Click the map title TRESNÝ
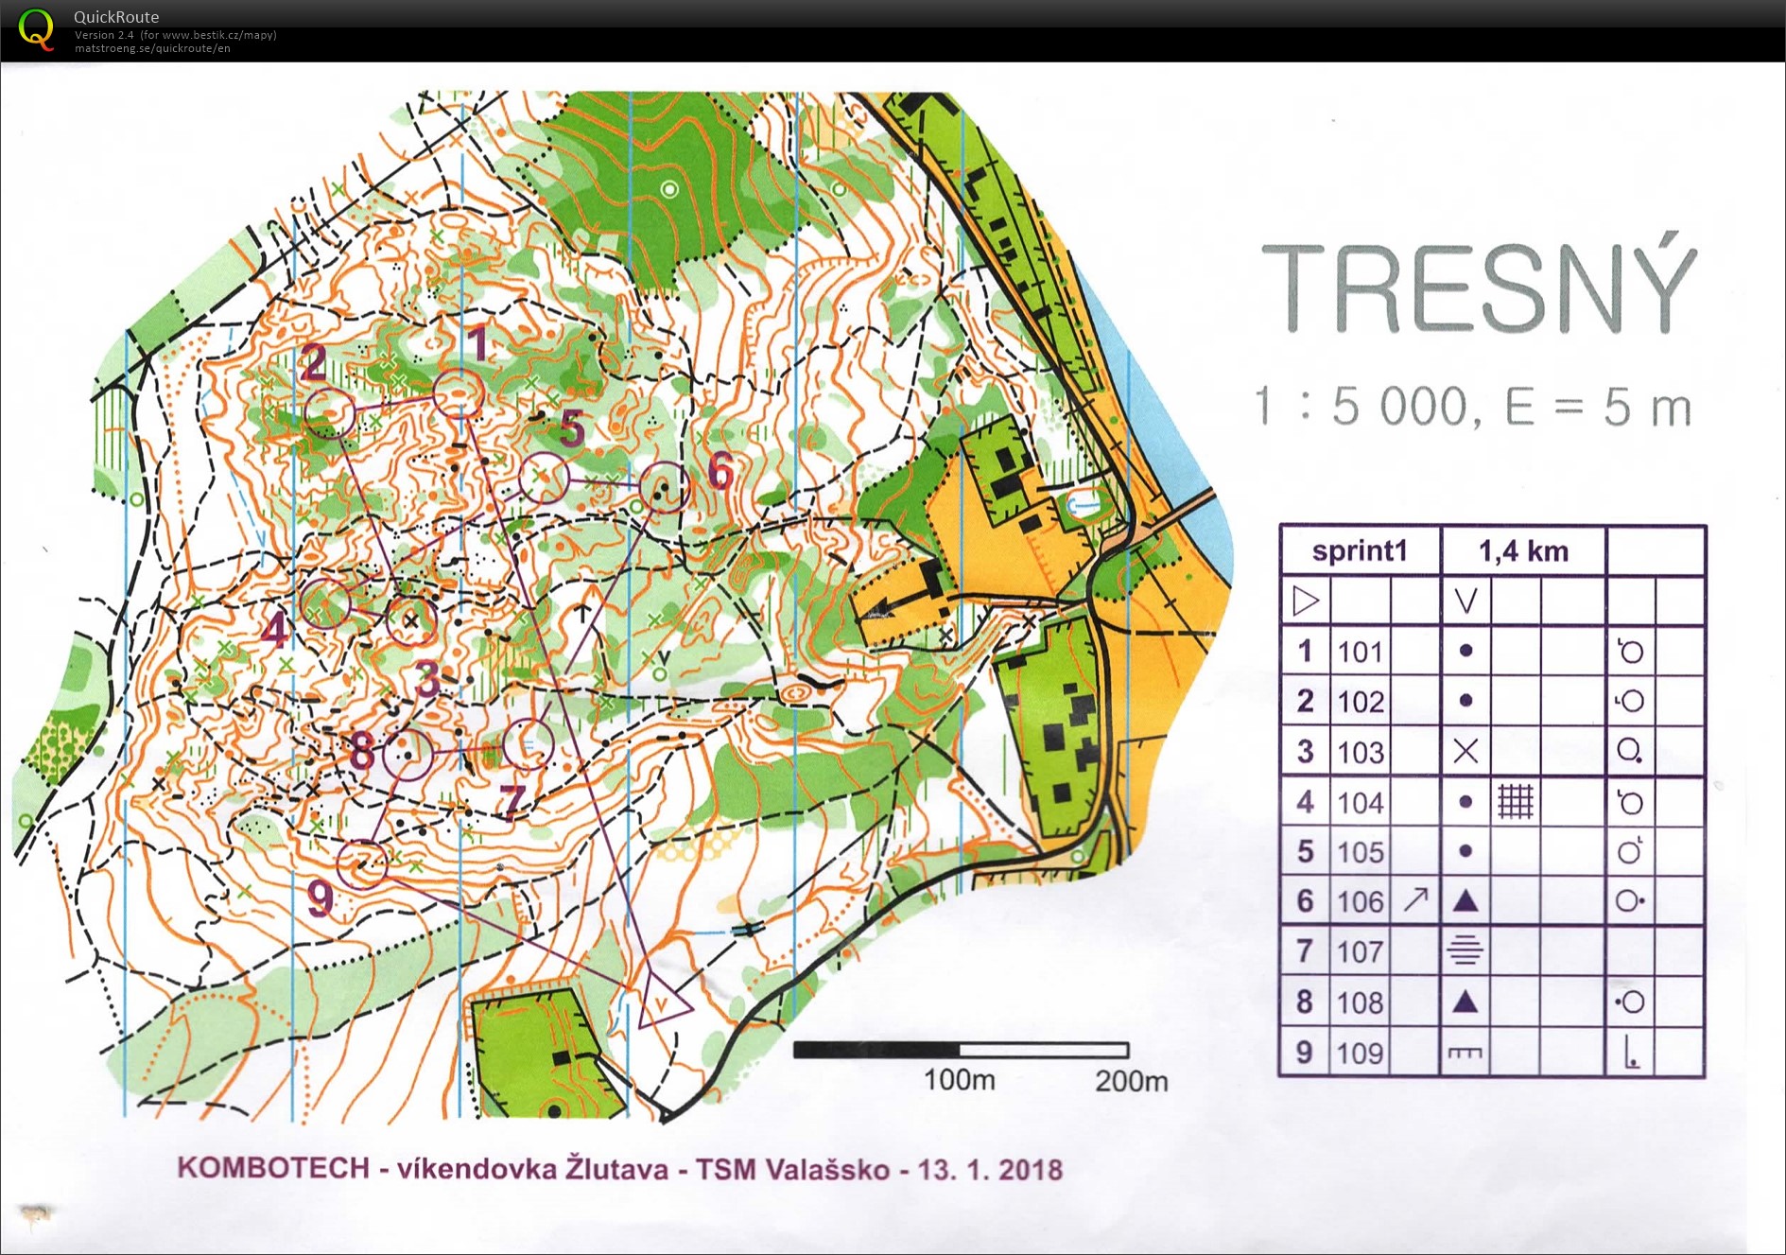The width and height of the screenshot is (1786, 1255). point(1479,288)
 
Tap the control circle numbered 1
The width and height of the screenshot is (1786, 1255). point(459,393)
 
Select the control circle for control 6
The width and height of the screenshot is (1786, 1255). point(665,487)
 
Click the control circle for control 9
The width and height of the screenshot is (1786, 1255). point(363,863)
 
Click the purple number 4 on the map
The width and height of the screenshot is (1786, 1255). point(275,630)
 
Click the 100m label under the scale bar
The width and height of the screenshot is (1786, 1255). point(959,1079)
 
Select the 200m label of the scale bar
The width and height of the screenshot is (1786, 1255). point(1131,1080)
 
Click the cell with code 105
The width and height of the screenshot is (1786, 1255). point(1361,852)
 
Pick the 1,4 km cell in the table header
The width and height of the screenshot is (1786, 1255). point(1522,551)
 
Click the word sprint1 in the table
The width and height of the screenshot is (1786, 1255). point(1360,551)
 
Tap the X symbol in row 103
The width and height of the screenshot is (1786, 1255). point(1465,752)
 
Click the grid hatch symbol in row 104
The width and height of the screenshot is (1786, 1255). point(1515,802)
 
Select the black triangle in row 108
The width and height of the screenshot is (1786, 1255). point(1465,1002)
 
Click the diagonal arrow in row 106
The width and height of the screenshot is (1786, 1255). point(1415,899)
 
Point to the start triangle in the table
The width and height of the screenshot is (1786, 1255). point(1306,601)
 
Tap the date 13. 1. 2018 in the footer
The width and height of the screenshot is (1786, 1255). point(990,1170)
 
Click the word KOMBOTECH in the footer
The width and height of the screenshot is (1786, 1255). point(273,1168)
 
